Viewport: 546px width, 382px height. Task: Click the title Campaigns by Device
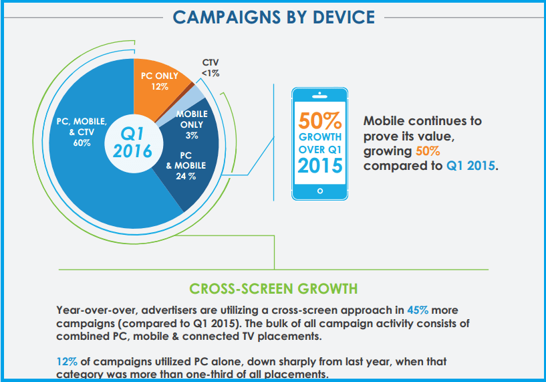[x=273, y=17]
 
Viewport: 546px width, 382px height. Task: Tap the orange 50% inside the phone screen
[x=320, y=122]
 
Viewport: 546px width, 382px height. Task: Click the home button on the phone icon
[x=320, y=191]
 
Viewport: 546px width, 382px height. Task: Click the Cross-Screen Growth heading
[x=273, y=288]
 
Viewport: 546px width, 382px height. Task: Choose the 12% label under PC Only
[x=159, y=86]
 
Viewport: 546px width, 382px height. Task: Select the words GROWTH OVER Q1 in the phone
[x=320, y=142]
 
